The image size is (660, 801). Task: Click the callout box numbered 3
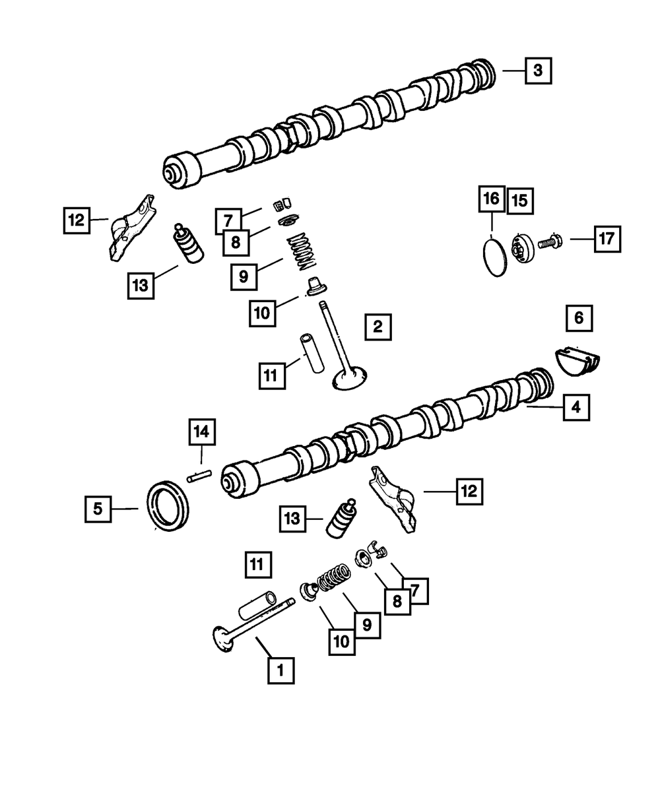click(538, 71)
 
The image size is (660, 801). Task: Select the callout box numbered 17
click(606, 240)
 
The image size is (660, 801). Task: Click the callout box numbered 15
click(520, 200)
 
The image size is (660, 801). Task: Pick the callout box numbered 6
click(578, 318)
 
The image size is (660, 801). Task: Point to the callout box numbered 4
click(576, 408)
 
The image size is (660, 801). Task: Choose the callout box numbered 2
click(377, 327)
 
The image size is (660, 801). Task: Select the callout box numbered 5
click(98, 509)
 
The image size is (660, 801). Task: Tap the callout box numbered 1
click(280, 670)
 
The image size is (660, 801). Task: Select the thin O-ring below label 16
click(494, 259)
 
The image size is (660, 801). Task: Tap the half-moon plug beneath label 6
click(577, 361)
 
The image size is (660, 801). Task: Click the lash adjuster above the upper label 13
click(188, 244)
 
